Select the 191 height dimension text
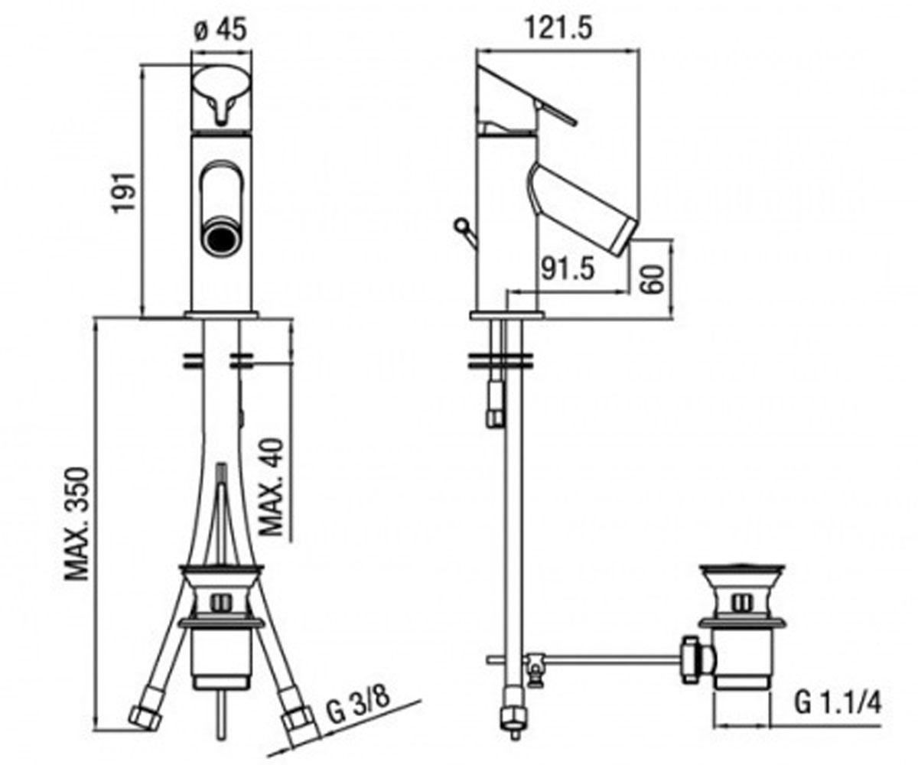pos(125,193)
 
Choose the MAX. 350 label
pos(77,524)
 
